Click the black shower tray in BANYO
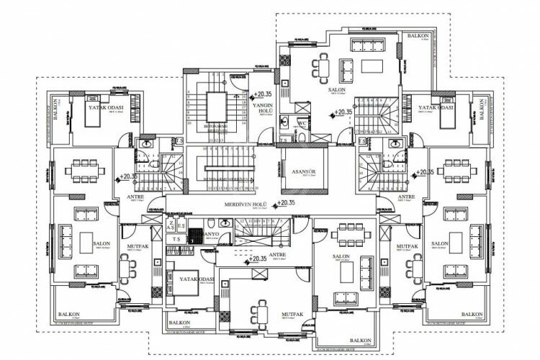coord(193,234)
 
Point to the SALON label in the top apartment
coord(337,90)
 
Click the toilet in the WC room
coord(286,120)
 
